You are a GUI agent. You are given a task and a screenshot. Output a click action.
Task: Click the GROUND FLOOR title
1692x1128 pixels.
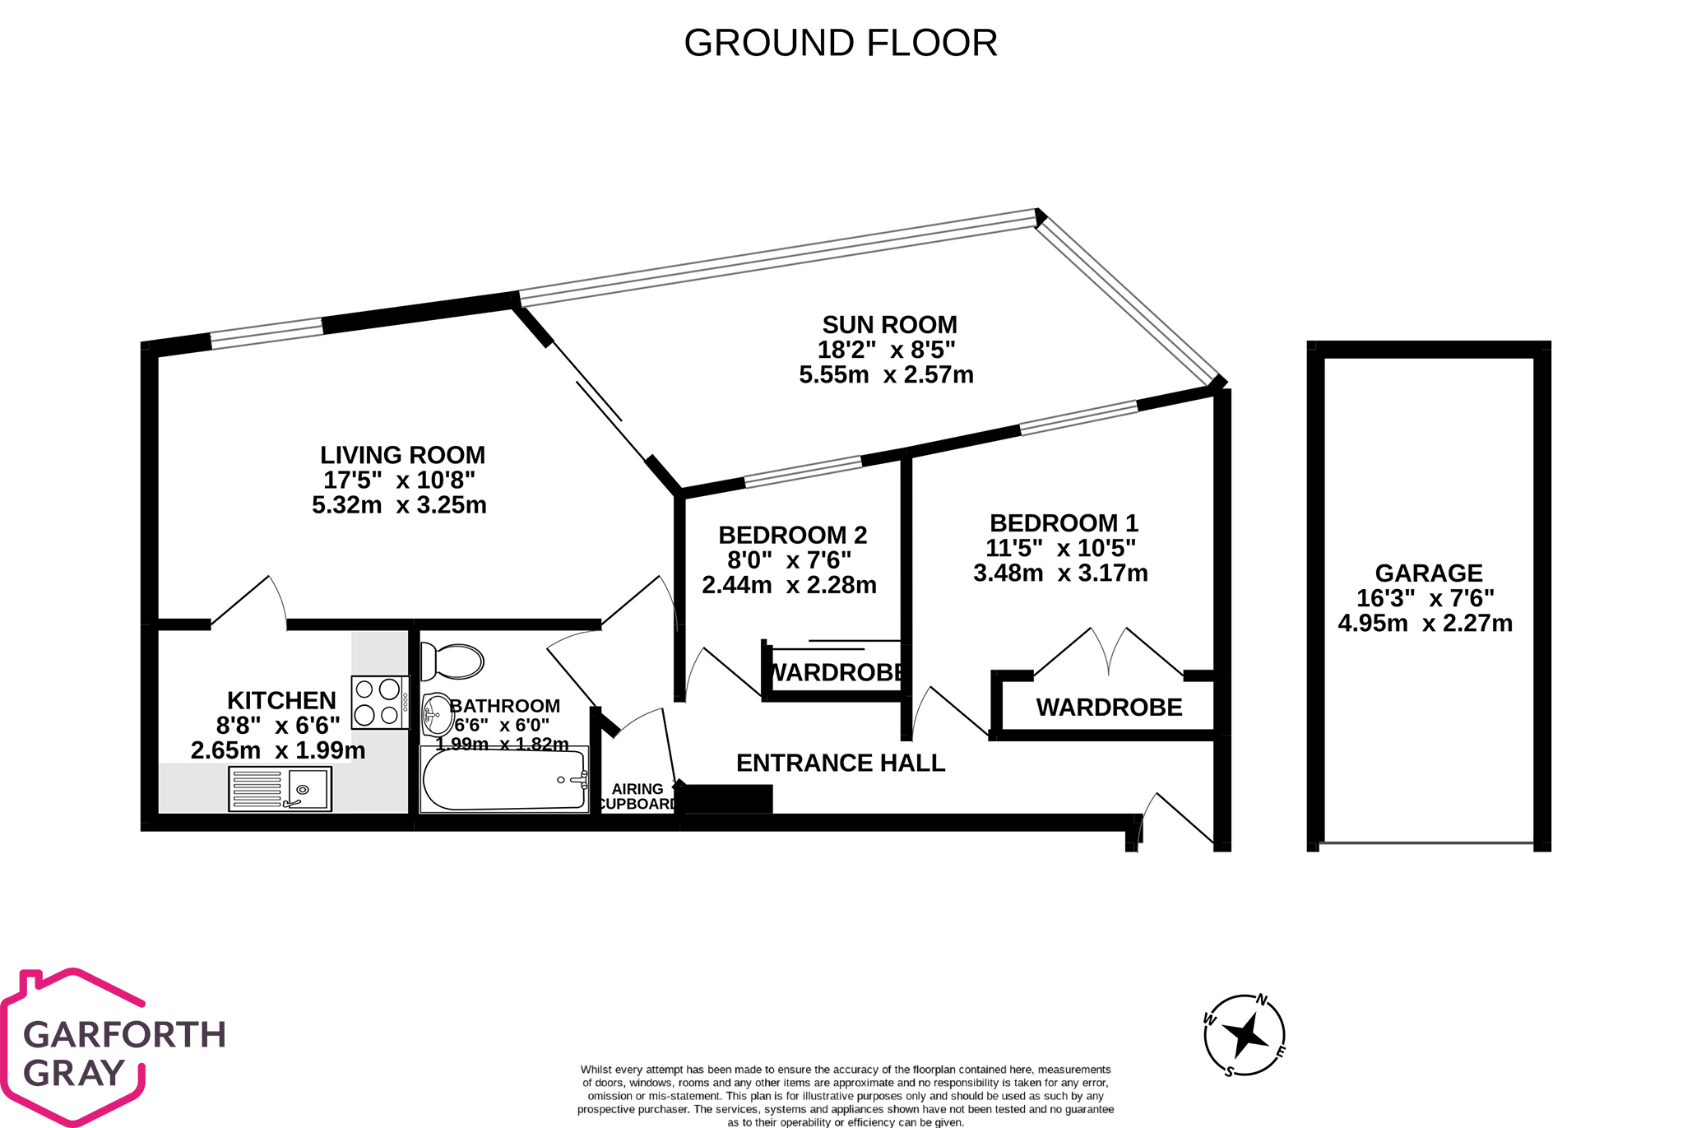click(841, 43)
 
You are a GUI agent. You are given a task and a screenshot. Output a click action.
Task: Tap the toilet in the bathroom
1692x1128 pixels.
click(452, 661)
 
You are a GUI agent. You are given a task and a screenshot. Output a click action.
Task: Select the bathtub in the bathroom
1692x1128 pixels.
click(503, 779)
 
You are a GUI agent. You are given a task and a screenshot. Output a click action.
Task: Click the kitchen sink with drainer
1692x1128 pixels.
click(280, 789)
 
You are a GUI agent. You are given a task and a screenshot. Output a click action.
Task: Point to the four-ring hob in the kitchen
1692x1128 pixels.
click(380, 702)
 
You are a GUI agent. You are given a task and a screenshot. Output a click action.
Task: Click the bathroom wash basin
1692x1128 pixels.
click(436, 714)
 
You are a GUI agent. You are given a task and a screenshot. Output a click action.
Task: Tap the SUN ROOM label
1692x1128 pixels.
click(889, 325)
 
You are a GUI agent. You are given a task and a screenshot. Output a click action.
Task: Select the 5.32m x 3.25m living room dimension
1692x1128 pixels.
click(399, 504)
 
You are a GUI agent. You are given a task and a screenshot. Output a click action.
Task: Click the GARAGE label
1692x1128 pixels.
click(1429, 573)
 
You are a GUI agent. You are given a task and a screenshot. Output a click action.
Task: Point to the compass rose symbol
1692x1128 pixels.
click(1245, 1034)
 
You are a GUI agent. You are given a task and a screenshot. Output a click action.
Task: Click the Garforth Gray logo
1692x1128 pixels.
click(115, 1049)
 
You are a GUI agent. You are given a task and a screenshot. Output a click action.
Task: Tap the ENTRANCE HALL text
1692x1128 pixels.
click(841, 763)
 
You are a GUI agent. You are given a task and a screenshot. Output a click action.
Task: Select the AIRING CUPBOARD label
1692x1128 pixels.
click(637, 796)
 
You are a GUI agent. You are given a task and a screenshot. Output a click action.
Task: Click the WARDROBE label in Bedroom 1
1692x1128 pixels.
click(1109, 707)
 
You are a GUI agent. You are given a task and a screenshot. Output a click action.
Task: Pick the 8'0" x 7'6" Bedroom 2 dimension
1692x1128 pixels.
click(789, 560)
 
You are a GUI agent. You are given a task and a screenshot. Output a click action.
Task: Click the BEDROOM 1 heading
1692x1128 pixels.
click(1064, 523)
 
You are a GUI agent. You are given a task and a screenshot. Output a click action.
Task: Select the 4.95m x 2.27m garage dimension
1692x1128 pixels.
click(1425, 623)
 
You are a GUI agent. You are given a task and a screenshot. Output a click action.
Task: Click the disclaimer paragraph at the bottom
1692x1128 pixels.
click(845, 1095)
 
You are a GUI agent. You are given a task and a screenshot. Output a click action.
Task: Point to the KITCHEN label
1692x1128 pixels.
click(281, 700)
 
